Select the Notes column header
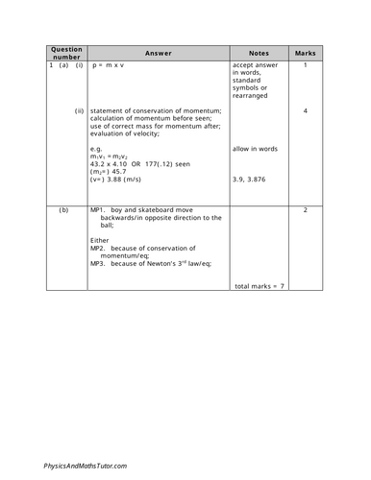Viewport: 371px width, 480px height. [259, 54]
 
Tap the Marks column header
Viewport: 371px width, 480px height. [305, 54]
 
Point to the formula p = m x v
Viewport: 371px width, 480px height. [116, 65]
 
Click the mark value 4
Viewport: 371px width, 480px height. [305, 111]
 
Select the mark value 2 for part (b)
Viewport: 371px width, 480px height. [305, 209]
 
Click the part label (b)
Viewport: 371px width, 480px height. [64, 209]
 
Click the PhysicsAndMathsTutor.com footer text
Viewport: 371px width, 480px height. [86, 465]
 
